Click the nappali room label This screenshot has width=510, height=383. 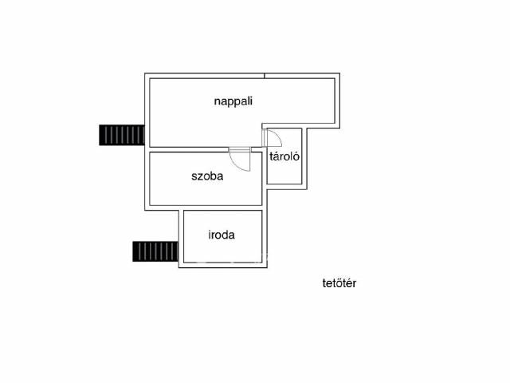click(233, 101)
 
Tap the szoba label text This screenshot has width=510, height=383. click(207, 176)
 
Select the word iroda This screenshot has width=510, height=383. click(222, 235)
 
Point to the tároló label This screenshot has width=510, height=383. click(284, 156)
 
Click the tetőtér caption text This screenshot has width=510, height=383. click(339, 283)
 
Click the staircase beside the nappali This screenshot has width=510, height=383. click(122, 135)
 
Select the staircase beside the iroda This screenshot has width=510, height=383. click(155, 251)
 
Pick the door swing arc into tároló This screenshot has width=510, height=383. click(276, 136)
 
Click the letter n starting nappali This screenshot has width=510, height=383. click(218, 102)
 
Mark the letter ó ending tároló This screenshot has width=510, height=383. click(296, 156)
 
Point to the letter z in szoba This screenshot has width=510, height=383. click(200, 177)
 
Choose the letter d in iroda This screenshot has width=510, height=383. click(225, 235)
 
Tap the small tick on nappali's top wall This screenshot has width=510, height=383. click(265, 76)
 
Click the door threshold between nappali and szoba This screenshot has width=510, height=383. click(239, 150)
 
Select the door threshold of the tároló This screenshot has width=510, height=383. click(265, 138)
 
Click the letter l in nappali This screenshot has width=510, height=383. click(248, 101)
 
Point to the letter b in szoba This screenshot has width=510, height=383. click(213, 176)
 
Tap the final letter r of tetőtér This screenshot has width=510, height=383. click(354, 284)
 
